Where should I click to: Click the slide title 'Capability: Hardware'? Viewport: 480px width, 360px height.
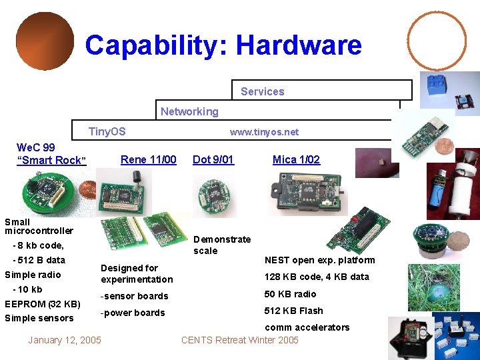(x=223, y=46)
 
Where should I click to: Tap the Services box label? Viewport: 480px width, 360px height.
(x=262, y=91)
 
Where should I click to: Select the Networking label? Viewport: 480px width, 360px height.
(x=189, y=111)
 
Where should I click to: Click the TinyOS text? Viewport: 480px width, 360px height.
(x=107, y=131)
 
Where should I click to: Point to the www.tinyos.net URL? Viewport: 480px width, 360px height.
(x=264, y=132)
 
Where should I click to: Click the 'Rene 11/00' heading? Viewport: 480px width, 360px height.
(x=148, y=159)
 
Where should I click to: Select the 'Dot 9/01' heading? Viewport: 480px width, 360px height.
(x=213, y=159)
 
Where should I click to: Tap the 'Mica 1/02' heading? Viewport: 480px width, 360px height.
(x=296, y=159)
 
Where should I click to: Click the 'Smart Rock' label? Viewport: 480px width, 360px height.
(x=51, y=160)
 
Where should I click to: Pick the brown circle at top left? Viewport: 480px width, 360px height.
(x=45, y=41)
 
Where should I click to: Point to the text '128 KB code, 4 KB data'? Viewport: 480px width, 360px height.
(x=317, y=277)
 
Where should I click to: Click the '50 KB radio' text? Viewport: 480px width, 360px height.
(x=290, y=294)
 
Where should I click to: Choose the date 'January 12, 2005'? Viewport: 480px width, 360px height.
(x=65, y=340)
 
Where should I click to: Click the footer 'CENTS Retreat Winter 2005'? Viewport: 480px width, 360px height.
(x=239, y=340)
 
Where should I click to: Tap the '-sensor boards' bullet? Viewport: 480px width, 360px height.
(x=134, y=296)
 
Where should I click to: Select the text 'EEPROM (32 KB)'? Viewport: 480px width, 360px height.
(x=43, y=304)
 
